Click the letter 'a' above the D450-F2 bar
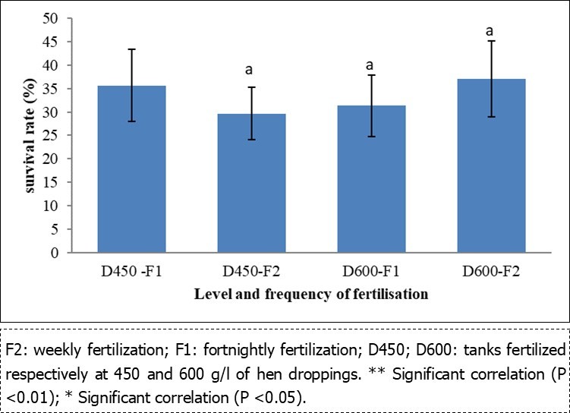tap(249, 70)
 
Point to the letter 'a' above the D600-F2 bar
tap(490, 31)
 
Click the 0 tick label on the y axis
tap(55, 253)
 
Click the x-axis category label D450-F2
tap(250, 272)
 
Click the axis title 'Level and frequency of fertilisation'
tap(311, 294)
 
